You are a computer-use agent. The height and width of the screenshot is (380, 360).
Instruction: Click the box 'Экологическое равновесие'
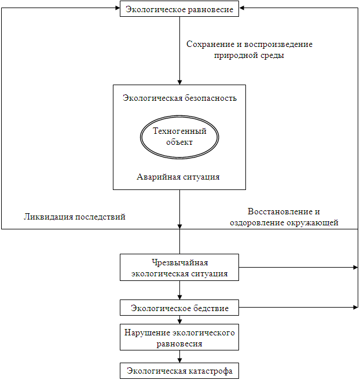(179, 9)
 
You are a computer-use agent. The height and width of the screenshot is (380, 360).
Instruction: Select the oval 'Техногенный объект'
(179, 137)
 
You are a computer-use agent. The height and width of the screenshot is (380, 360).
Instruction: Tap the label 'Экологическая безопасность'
(179, 98)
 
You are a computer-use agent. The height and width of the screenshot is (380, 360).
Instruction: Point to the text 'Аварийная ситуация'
(178, 177)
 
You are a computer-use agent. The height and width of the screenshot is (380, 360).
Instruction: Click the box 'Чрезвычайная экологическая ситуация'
(179, 267)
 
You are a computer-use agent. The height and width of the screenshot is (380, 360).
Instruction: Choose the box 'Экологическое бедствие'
(179, 308)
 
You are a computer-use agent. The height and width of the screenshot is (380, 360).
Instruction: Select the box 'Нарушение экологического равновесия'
(179, 337)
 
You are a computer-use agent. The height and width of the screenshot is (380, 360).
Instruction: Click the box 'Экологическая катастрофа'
(179, 371)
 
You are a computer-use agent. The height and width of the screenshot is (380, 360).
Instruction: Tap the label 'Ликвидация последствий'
(75, 217)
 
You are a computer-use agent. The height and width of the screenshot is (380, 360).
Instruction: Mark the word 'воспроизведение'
(278, 45)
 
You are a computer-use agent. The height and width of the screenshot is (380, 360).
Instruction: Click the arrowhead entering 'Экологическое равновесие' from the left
(117, 8)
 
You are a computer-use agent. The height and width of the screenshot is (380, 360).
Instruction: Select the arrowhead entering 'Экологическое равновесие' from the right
(241, 8)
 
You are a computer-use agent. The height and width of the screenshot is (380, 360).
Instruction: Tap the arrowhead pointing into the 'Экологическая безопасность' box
(179, 82)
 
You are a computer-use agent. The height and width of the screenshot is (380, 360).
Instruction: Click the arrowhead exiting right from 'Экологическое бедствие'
(355, 307)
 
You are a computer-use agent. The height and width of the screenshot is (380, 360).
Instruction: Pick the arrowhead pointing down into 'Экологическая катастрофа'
(179, 360)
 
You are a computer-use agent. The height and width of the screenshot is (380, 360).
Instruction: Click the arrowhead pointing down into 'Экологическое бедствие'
(179, 297)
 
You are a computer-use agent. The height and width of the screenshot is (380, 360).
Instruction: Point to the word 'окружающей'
(313, 223)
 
